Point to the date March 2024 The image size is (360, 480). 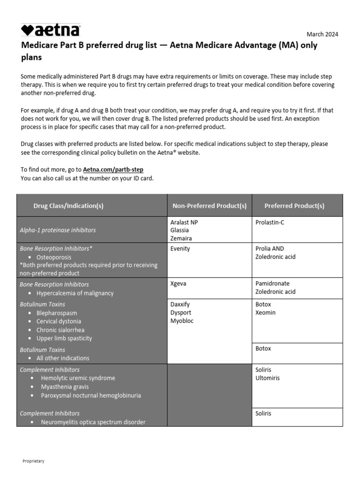pos(322,34)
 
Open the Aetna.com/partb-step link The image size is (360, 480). pos(113,170)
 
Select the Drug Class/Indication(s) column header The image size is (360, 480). pos(68,206)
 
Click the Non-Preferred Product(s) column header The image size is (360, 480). pos(210,206)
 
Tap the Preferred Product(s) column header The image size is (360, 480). pos(294,206)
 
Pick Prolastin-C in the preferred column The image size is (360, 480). pos(270,222)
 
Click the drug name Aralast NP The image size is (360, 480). pos(184,222)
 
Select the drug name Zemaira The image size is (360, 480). pos(181,238)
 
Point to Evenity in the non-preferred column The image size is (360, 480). pos(180,248)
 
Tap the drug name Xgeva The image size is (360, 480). pos(179,284)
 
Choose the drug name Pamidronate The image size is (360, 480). pos(272,284)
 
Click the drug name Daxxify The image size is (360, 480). pos(180,304)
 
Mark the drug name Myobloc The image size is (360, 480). pos(182,321)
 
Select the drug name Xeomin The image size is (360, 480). pos(265,313)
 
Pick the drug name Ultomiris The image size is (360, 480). pos(267,378)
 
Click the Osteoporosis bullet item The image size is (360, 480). pos(54,257)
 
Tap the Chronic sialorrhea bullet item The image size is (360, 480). pos(60,330)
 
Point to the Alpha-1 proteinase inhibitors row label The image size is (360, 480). pos(58,230)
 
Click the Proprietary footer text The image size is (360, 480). pos(33,461)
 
